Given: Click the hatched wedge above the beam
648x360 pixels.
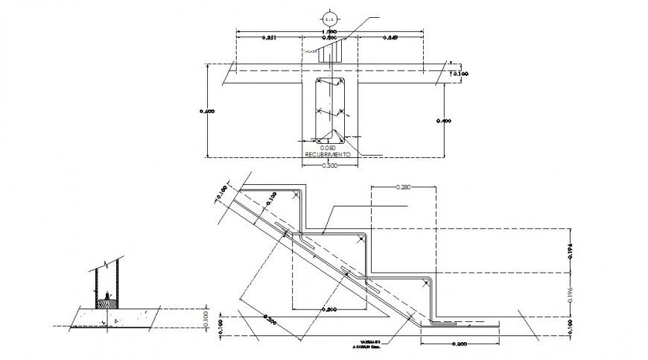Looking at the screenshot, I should tap(329, 53).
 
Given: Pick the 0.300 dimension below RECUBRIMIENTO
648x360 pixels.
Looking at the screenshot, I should tap(328, 165).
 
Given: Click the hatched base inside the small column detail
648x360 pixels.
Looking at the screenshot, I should tap(107, 302).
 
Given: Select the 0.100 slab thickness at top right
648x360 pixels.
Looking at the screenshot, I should tap(462, 73).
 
